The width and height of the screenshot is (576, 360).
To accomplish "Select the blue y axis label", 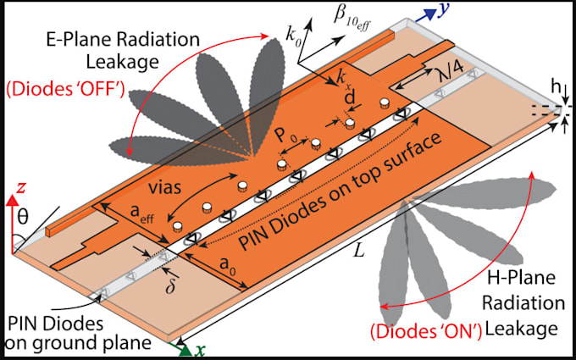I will tap(444, 10).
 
